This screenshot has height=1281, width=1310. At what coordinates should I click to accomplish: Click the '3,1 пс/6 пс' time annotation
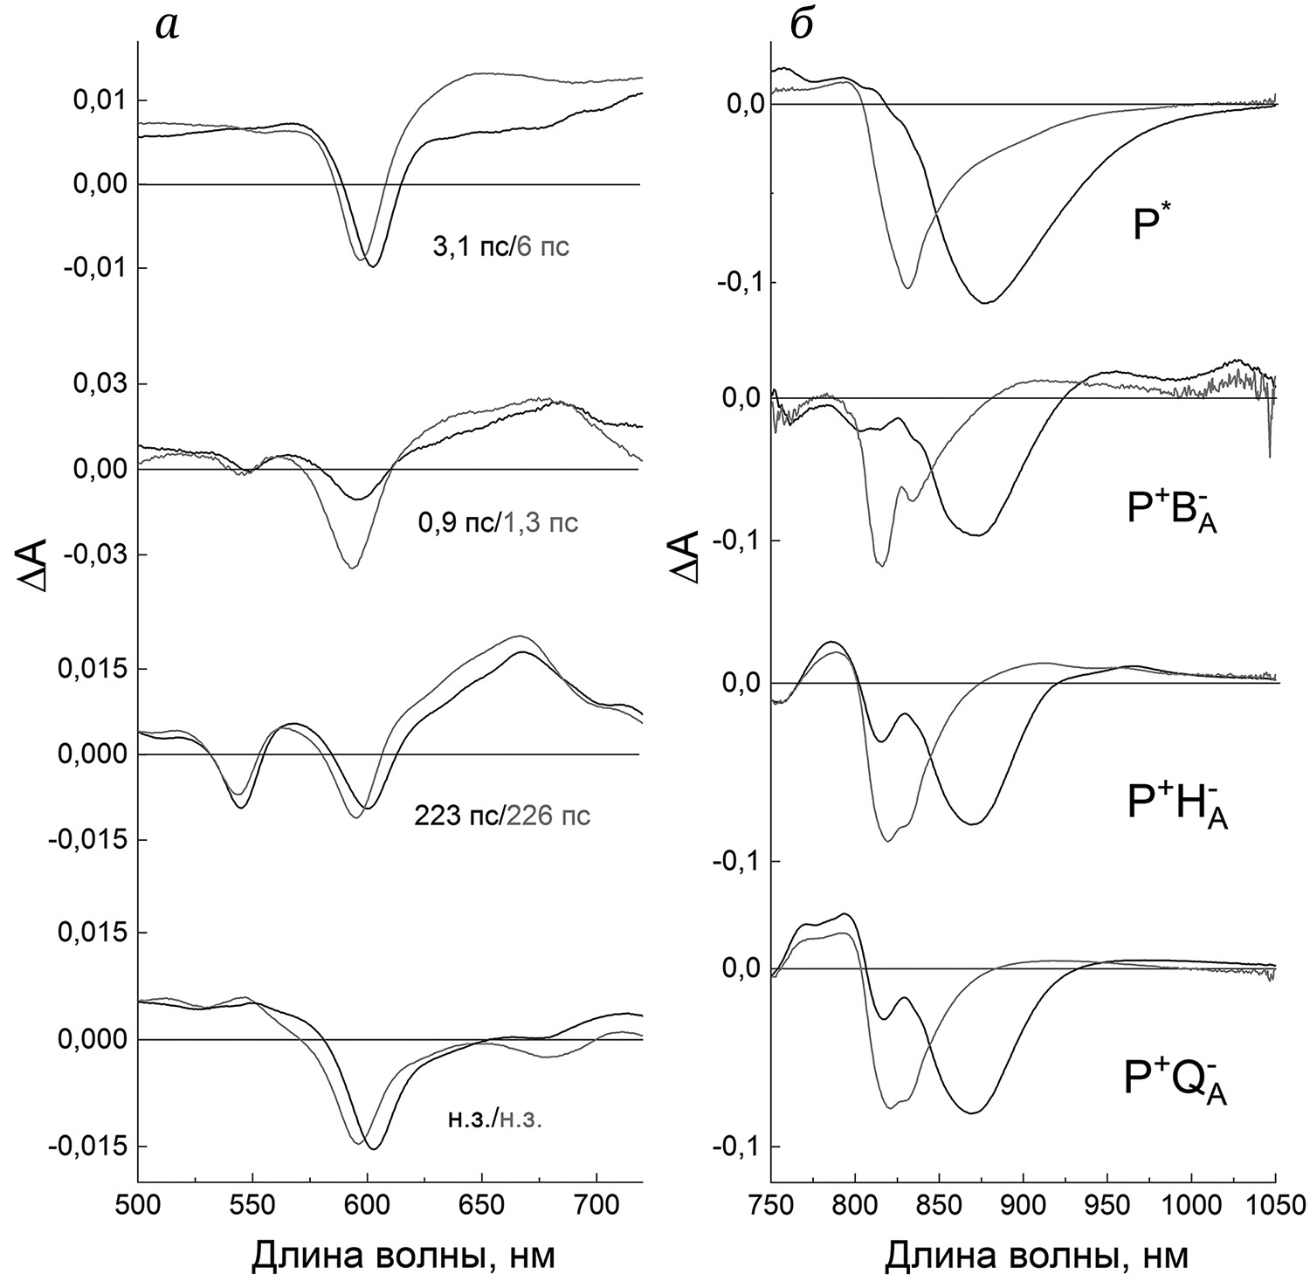tap(501, 247)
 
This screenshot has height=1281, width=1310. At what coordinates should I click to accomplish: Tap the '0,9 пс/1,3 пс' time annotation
tap(498, 523)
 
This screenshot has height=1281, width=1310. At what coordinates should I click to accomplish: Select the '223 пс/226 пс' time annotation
tap(501, 816)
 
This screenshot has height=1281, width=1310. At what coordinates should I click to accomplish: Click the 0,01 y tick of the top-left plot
tap(95, 101)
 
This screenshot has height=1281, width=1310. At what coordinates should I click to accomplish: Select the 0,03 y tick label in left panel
tap(95, 384)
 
